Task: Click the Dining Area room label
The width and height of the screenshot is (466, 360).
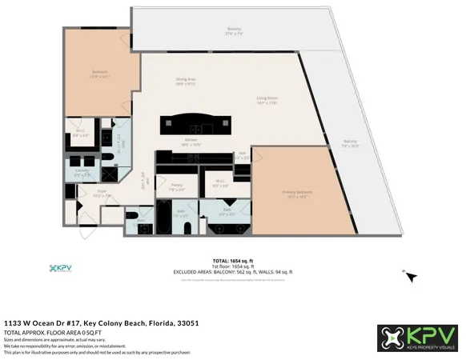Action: [187, 80]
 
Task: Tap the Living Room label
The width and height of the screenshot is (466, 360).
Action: [266, 100]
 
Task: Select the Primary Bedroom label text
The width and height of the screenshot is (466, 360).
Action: [296, 193]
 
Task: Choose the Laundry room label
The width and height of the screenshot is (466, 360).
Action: [82, 171]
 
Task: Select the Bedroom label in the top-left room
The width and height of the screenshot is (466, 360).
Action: [99, 74]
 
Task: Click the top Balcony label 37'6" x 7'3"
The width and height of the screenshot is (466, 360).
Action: [234, 32]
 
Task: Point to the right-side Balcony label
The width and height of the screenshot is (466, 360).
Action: [349, 144]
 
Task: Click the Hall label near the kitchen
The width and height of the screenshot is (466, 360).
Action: [241, 155]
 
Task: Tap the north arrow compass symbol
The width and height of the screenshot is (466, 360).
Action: [410, 276]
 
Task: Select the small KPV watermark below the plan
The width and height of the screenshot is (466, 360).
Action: [62, 268]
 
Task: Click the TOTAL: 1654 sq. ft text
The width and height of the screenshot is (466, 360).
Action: [232, 262]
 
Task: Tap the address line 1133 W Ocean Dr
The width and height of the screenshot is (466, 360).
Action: [101, 322]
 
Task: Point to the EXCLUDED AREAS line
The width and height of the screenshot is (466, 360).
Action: [232, 272]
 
